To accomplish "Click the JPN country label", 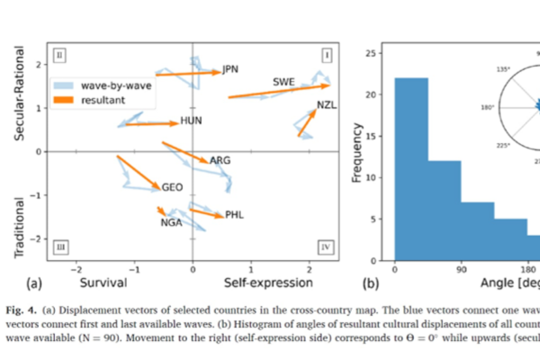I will coord(231,69).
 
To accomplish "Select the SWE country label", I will coord(283,83).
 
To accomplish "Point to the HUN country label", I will coord(191,121).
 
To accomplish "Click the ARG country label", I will coord(220,160).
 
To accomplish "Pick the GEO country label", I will coord(173,187).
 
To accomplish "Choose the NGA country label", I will coord(171,222).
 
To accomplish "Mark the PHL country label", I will coord(235,215).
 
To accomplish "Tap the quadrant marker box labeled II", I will coord(60,54).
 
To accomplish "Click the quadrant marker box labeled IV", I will coord(326,245).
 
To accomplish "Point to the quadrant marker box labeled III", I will coord(60,245).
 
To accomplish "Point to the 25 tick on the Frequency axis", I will coord(382,54).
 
